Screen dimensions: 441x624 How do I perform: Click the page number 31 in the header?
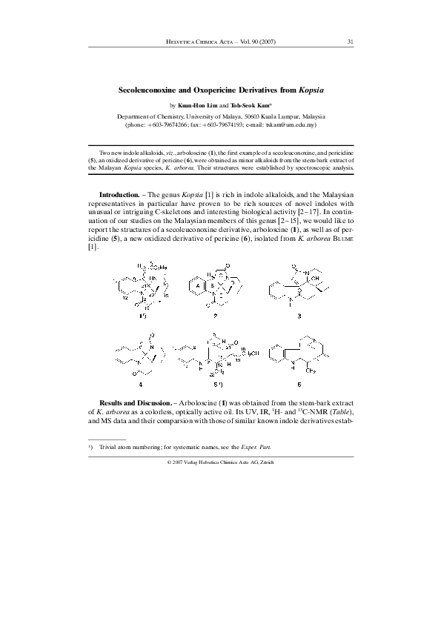click(x=350, y=42)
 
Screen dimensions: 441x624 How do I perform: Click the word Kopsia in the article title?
click(x=310, y=89)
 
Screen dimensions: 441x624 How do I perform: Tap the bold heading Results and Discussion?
click(x=138, y=399)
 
